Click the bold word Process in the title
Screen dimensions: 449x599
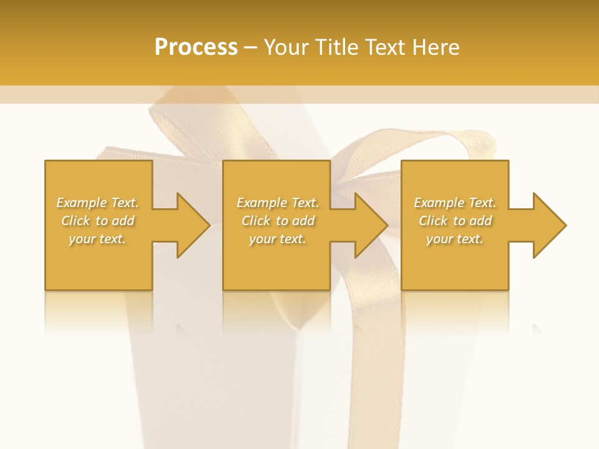pos(196,47)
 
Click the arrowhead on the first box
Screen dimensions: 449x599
pos(191,225)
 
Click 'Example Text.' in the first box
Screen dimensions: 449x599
pos(97,203)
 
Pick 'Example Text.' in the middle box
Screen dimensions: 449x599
pos(278,203)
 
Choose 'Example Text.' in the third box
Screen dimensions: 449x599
pos(455,203)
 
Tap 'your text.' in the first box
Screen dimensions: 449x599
pos(97,239)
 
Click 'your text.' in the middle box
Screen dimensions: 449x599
pos(278,239)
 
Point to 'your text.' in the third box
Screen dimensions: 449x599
pos(455,239)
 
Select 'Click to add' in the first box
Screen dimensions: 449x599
pos(97,221)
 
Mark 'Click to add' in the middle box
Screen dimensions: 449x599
pos(278,221)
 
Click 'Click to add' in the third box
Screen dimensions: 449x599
pos(455,221)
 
